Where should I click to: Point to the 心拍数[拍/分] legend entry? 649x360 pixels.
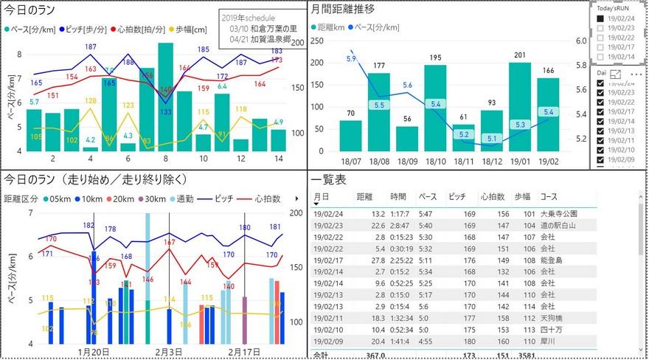pyautogui.click(x=141, y=30)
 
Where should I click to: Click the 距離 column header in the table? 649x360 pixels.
pyautogui.click(x=365, y=197)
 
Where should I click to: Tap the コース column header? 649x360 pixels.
pyautogui.click(x=549, y=197)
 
